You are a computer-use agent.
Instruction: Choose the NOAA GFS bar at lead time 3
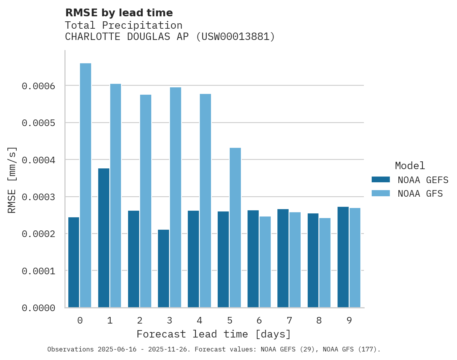[175, 197]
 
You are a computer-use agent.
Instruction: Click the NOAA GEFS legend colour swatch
[381, 180]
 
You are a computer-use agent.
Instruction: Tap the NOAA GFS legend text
[420, 193]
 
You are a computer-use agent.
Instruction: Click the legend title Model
[410, 166]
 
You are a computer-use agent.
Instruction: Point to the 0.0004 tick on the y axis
[38, 160]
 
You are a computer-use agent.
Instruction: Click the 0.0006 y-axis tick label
[38, 86]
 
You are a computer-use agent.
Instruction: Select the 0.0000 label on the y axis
[38, 308]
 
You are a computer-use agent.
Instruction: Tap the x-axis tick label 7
[289, 320]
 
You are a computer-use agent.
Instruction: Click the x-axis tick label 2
[140, 320]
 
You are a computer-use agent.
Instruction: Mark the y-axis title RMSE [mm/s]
[12, 180]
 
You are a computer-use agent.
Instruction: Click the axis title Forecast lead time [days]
[214, 334]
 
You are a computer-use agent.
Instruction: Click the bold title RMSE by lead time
[119, 13]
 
